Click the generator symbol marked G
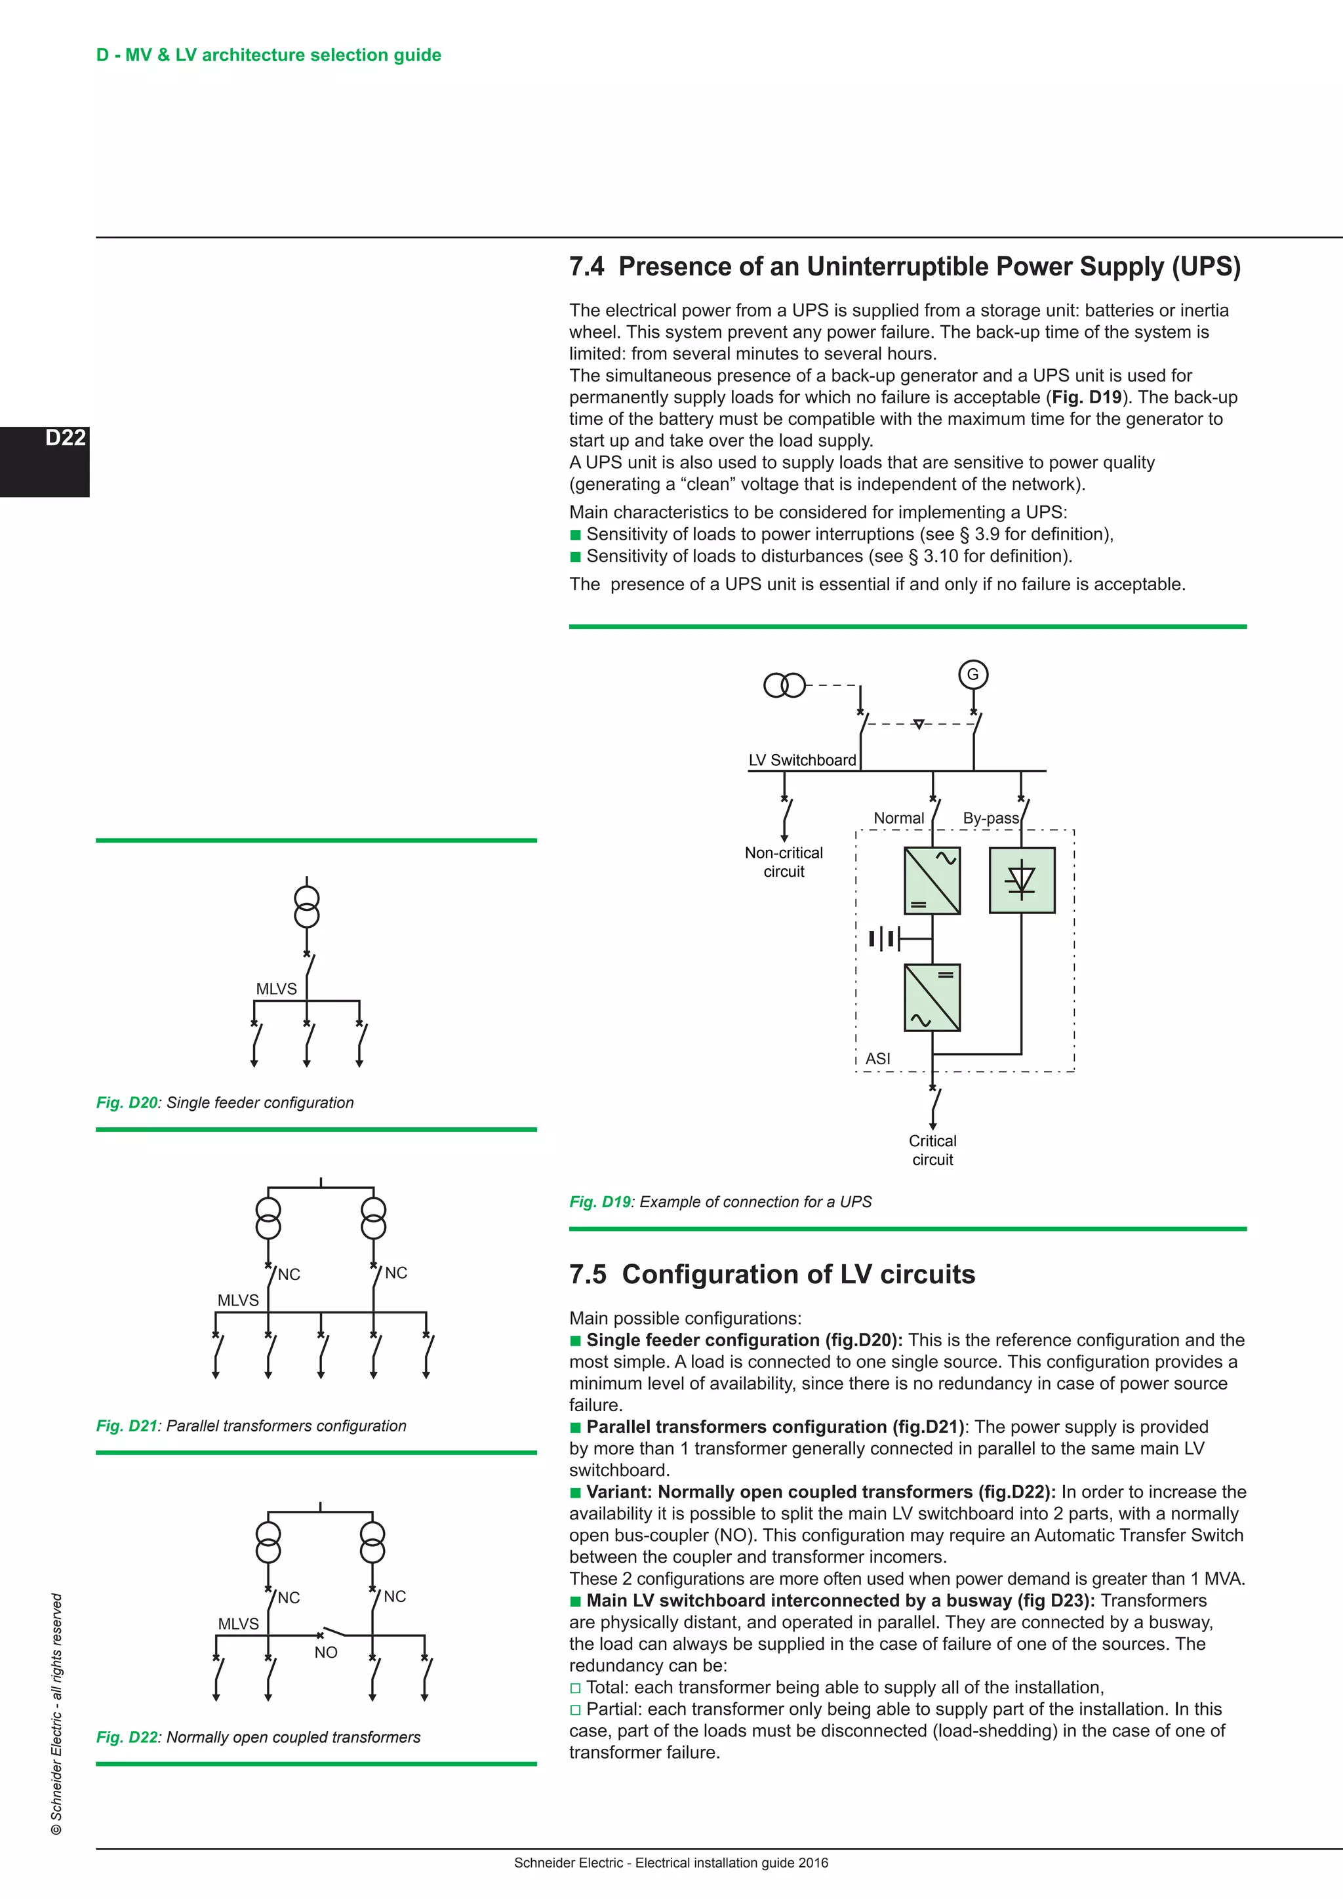click(972, 674)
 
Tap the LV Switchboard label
click(801, 760)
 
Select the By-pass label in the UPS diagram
click(990, 818)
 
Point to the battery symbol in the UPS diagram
click(883, 939)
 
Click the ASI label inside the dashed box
click(877, 1058)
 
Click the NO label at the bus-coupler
click(326, 1652)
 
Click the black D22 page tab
click(45, 461)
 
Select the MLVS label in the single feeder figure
click(276, 989)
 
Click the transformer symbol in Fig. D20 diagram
click(307, 908)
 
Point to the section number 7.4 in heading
click(586, 267)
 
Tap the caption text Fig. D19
click(599, 1202)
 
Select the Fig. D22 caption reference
click(127, 1737)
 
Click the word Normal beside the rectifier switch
click(898, 818)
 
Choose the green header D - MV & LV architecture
click(269, 56)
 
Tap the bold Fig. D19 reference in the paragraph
click(1087, 397)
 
